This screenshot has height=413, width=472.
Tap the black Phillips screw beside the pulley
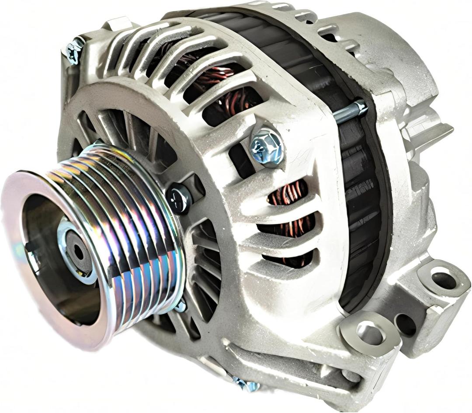click(x=178, y=199)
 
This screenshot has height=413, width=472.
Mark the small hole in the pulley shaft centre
click(x=79, y=252)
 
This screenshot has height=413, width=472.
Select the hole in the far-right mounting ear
click(x=444, y=280)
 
